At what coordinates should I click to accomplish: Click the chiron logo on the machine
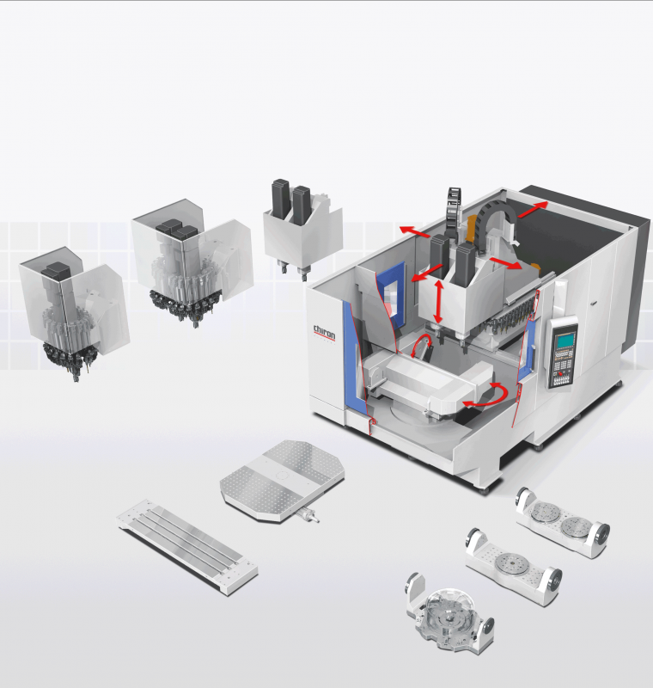point(324,333)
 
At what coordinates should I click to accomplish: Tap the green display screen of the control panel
point(565,340)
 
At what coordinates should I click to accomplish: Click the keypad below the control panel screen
point(562,368)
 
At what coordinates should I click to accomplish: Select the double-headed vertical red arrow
point(438,302)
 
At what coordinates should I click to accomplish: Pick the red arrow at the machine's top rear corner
point(533,209)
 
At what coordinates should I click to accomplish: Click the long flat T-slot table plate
point(187,546)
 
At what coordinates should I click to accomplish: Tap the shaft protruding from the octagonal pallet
point(308,514)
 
